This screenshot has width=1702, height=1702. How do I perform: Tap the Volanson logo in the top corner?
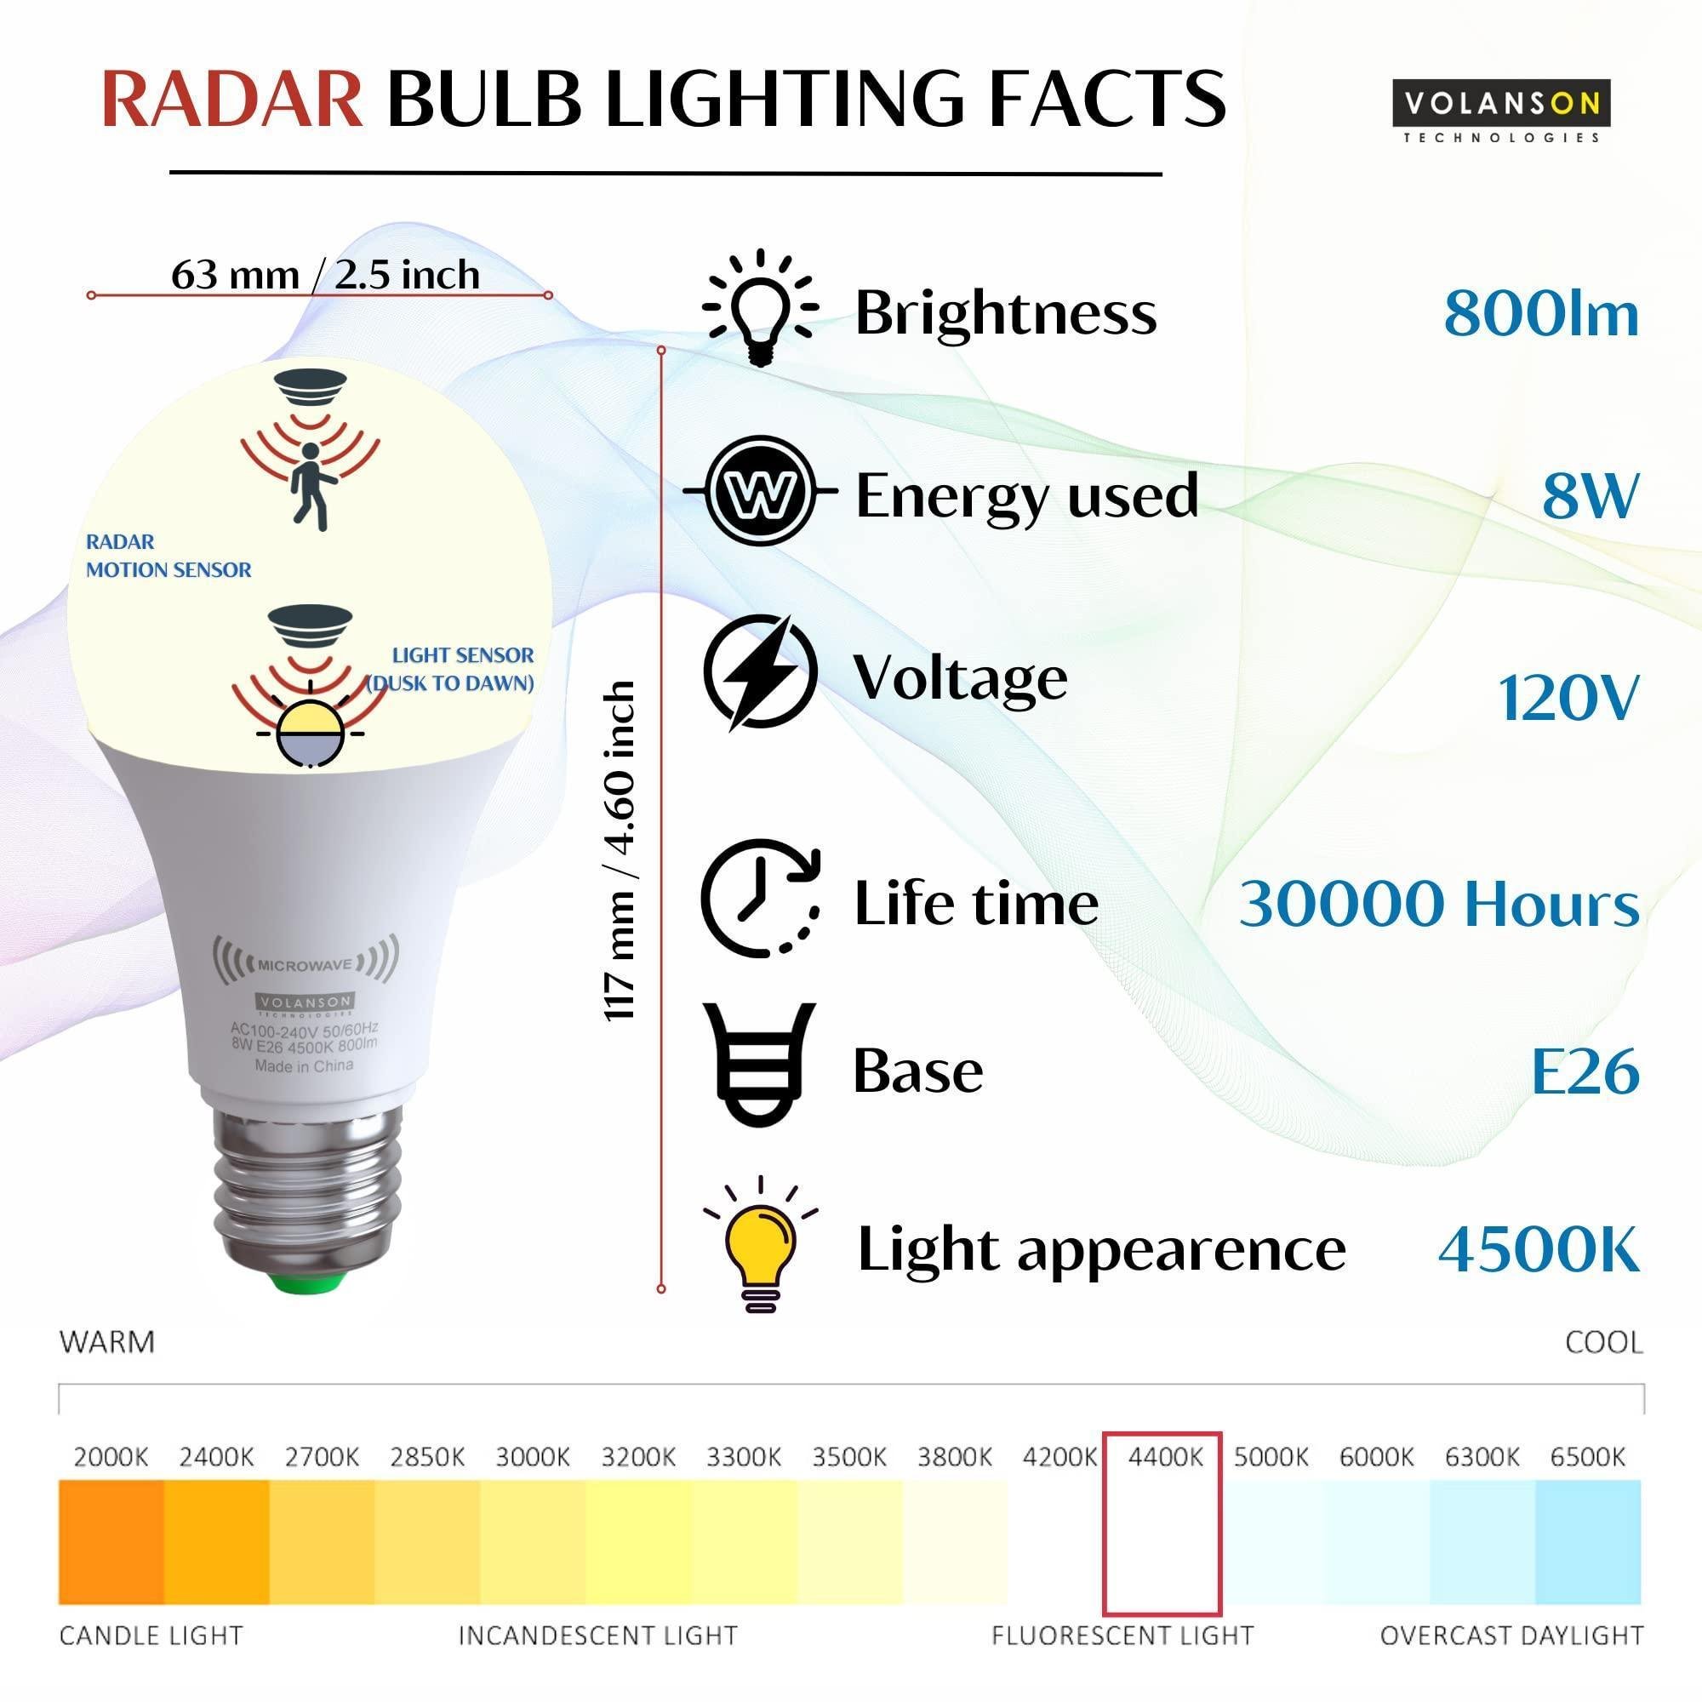[1501, 111]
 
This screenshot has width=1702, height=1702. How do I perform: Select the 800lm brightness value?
[1541, 314]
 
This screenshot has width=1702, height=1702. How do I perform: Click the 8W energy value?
[1591, 495]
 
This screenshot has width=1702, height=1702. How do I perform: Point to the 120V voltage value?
[1568, 699]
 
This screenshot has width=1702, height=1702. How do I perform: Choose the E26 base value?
[1585, 1071]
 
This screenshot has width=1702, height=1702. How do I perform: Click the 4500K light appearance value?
[1539, 1249]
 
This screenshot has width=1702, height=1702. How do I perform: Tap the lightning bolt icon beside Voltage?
[760, 672]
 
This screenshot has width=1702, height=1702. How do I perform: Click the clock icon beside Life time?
[760, 899]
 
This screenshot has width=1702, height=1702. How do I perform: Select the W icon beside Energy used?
[760, 490]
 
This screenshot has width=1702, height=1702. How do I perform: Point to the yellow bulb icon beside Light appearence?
[760, 1245]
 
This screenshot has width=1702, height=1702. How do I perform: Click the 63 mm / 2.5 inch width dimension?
[325, 275]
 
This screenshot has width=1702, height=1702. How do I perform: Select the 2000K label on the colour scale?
[111, 1458]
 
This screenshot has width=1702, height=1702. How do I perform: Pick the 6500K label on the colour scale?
[1587, 1458]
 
